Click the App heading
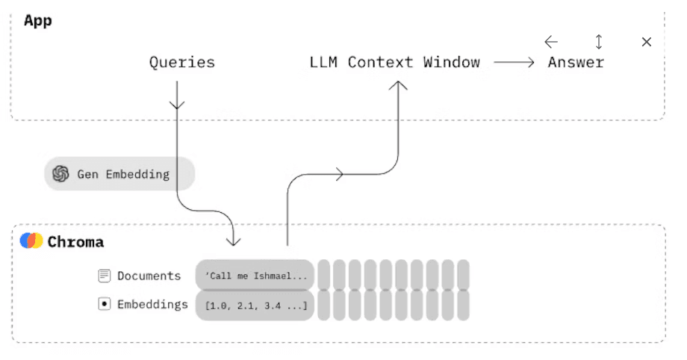37,20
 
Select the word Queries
181,62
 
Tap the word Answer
576,62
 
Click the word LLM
323,62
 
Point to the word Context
381,62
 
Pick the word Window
451,62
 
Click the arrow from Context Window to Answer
515,63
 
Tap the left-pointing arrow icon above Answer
551,42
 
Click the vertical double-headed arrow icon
598,42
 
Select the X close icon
647,42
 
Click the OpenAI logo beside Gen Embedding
61,174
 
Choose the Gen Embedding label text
123,174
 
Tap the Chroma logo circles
31,241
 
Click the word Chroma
75,242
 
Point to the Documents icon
105,276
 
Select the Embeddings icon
105,304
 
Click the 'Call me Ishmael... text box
255,276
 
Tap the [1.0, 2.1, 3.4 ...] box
255,305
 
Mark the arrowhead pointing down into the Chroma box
234,240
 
